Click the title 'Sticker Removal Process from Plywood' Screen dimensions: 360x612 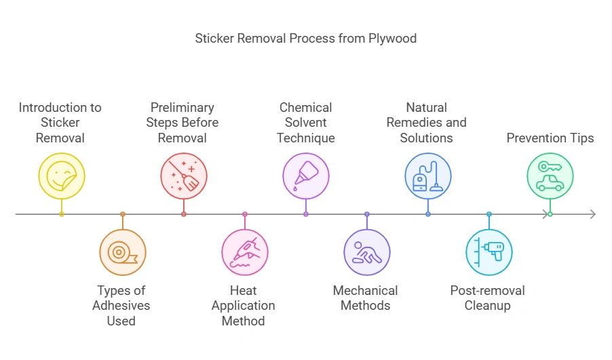pyautogui.click(x=305, y=38)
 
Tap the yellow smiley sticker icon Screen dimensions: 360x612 pyautogui.click(x=62, y=176)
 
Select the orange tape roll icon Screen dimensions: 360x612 pyautogui.click(x=123, y=253)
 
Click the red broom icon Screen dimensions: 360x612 pyautogui.click(x=184, y=176)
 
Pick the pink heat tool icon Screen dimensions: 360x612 pyautogui.click(x=245, y=253)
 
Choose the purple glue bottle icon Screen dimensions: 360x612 pyautogui.click(x=306, y=176)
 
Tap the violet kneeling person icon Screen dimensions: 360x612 pyautogui.click(x=367, y=253)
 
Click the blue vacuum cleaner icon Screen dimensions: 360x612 pyautogui.click(x=428, y=176)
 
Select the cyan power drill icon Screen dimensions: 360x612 pyautogui.click(x=489, y=253)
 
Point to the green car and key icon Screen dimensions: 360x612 pyautogui.click(x=550, y=176)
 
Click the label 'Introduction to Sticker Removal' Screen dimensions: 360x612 pyautogui.click(x=60, y=123)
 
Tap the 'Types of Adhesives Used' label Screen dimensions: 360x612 pyautogui.click(x=121, y=306)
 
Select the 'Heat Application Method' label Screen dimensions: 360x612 pyautogui.click(x=244, y=306)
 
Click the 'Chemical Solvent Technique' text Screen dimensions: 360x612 pyautogui.click(x=306, y=123)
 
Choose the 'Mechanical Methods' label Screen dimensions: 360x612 pyautogui.click(x=366, y=298)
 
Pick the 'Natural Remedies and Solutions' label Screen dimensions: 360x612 pyautogui.click(x=427, y=123)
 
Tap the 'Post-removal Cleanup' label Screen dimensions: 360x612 pyautogui.click(x=488, y=298)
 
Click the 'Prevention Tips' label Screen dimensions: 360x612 pyautogui.click(x=550, y=138)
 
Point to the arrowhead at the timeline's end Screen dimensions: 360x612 pyautogui.click(x=592, y=214)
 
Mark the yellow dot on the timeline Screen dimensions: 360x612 pyautogui.click(x=62, y=214)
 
